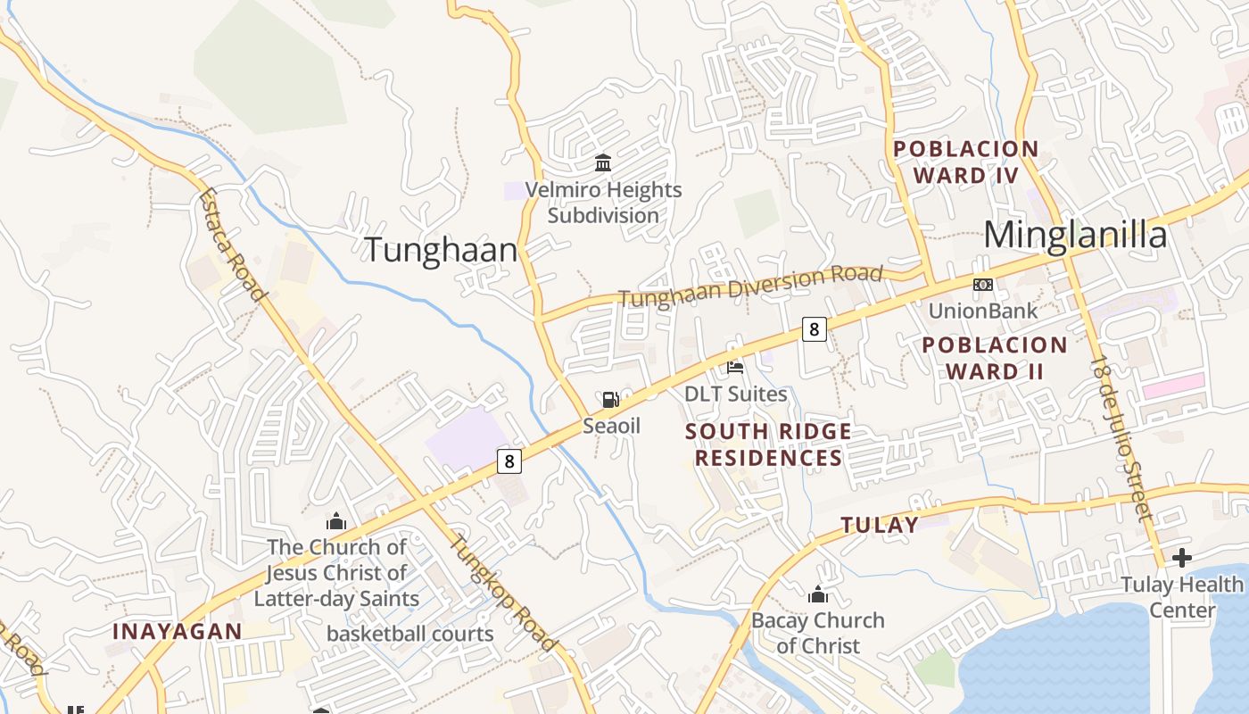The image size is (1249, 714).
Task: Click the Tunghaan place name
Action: [x=441, y=250]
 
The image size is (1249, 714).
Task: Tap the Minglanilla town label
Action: [x=1075, y=235]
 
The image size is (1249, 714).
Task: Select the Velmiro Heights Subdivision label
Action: [x=603, y=203]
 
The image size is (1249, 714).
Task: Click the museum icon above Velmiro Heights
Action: [x=603, y=163]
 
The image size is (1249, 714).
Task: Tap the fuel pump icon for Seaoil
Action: [x=611, y=400]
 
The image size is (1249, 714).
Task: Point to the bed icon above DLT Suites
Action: [x=735, y=366]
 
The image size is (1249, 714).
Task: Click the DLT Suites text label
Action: [x=735, y=394]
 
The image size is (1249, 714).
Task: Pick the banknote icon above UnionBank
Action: [x=983, y=285]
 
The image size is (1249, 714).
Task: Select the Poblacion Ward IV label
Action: [x=965, y=162]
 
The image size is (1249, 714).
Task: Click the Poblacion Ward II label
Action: [x=994, y=358]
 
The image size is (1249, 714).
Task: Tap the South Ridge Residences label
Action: [x=768, y=444]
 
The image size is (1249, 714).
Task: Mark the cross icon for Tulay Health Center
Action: [x=1182, y=559]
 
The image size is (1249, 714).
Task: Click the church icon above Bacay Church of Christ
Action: [x=818, y=594]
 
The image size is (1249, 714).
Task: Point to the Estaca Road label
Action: [x=233, y=244]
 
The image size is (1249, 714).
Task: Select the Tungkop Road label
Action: [x=502, y=592]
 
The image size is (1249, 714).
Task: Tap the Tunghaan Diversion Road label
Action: [x=749, y=286]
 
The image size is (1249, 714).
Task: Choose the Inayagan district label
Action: [x=177, y=631]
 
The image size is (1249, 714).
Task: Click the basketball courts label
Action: [x=409, y=634]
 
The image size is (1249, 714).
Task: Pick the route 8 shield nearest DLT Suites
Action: [x=813, y=328]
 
